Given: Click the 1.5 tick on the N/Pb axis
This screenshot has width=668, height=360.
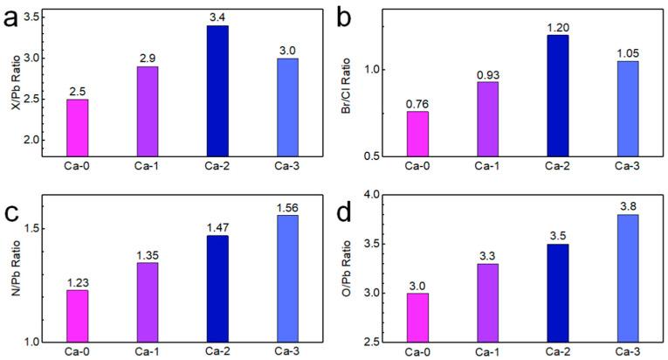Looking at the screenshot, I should (x=41, y=229).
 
